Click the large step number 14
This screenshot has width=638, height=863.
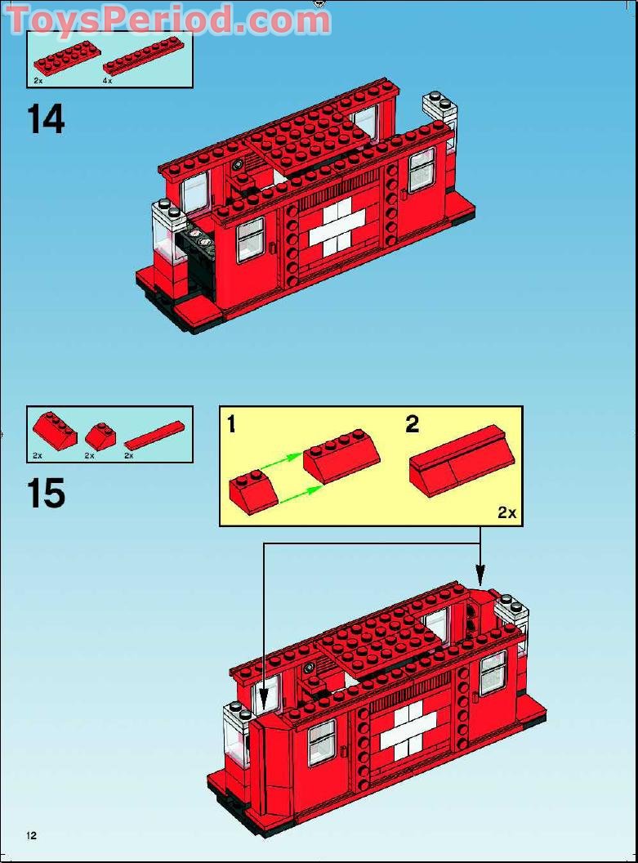click(46, 119)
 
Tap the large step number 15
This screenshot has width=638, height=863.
click(46, 494)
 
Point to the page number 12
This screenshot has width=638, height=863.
click(31, 835)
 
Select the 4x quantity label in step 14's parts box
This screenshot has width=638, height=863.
click(107, 81)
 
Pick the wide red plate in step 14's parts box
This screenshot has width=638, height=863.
click(65, 58)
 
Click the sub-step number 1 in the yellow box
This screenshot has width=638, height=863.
click(232, 424)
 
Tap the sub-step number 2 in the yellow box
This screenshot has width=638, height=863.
click(413, 423)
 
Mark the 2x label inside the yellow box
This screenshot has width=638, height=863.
click(506, 512)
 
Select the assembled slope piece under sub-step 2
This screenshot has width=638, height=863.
click(461, 459)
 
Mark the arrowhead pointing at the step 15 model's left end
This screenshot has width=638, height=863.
click(263, 703)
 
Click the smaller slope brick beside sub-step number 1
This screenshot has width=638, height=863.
click(254, 493)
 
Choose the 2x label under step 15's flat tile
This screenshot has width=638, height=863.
click(129, 455)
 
